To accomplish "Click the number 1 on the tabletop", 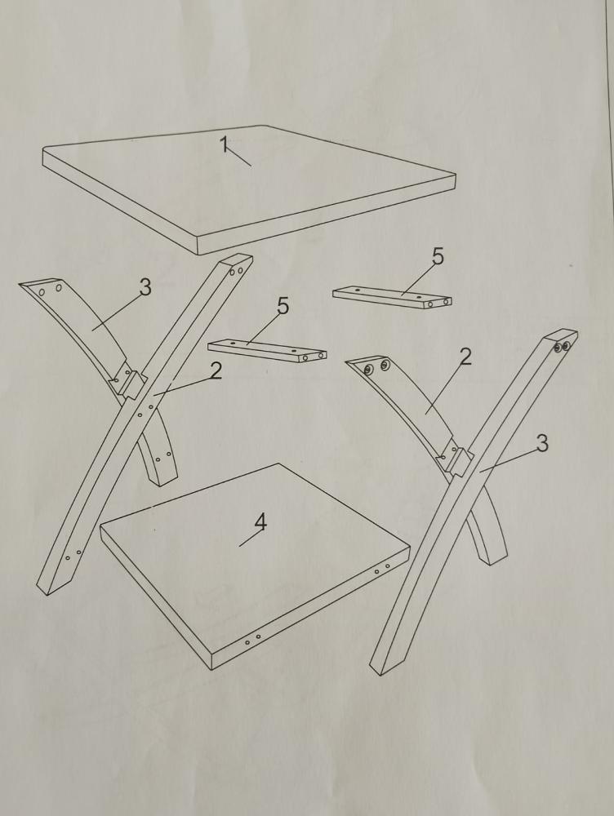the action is tap(224, 144).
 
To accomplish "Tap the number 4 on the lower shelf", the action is tap(260, 521).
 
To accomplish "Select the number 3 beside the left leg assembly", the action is tap(145, 286).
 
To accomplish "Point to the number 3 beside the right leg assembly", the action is tap(542, 443).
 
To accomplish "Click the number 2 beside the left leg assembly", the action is tap(216, 370).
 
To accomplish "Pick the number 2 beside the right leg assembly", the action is tap(465, 357).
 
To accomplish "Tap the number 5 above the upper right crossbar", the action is tap(438, 256).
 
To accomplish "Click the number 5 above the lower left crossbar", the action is tap(283, 305).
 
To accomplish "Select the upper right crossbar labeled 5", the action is tap(392, 297).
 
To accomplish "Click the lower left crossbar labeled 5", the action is tap(267, 350).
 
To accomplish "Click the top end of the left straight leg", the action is tap(238, 264).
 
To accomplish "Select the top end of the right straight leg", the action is tap(561, 339).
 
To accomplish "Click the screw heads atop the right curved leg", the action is tap(376, 367).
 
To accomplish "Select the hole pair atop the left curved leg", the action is tap(50, 290).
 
